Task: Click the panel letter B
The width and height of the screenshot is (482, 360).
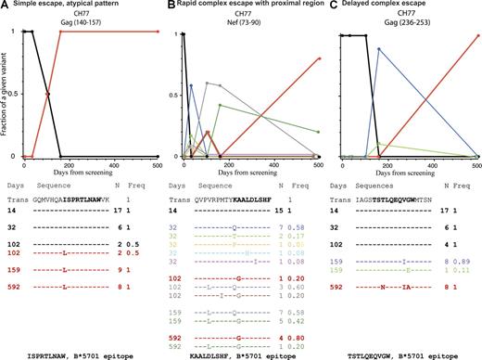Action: coord(166,6)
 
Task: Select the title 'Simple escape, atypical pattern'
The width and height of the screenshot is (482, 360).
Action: coord(69,6)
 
